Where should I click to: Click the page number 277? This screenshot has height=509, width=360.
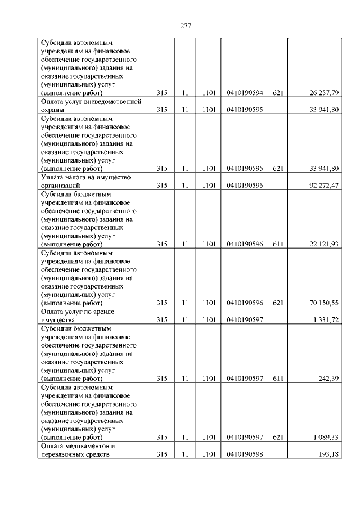pos(186,26)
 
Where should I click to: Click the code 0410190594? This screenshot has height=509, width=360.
pos(245,92)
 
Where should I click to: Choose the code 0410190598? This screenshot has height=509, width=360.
pos(245,454)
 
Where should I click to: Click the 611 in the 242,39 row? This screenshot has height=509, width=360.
pos(277,379)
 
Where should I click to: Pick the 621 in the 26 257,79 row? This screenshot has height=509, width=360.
pos(277,92)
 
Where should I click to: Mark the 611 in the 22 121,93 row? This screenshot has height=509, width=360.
pos(277,244)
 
